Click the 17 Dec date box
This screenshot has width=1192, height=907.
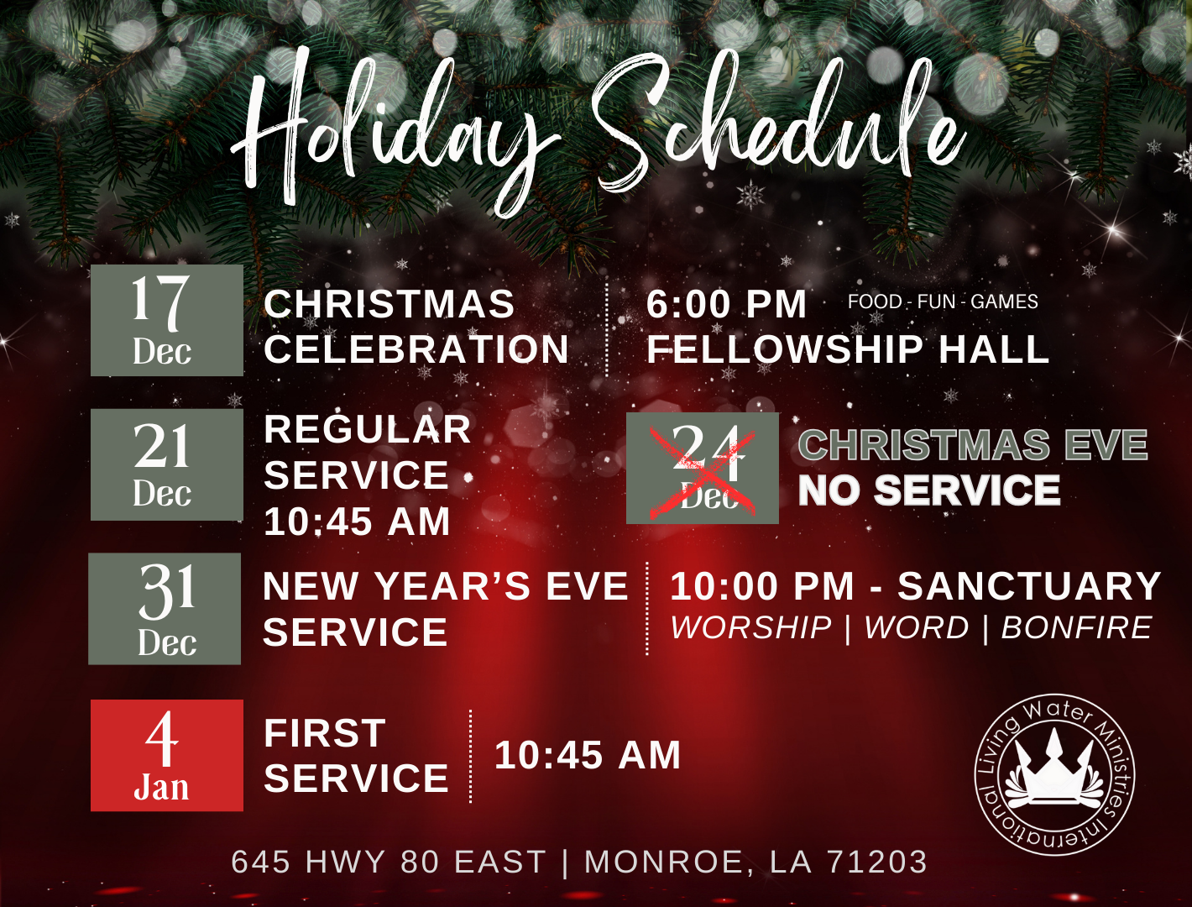(166, 320)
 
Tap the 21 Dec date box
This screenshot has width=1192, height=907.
(166, 464)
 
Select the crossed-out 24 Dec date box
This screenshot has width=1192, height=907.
(702, 468)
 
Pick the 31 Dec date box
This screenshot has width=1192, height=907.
(165, 609)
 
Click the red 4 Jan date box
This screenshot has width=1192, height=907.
(166, 755)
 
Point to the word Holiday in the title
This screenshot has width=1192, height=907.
(395, 134)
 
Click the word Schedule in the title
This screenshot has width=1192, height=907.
(776, 126)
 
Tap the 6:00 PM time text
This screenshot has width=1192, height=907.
(726, 304)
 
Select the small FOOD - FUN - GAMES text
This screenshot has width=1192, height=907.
(943, 301)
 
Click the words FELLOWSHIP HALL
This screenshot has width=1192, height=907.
(848, 349)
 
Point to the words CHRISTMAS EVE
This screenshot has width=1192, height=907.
(972, 445)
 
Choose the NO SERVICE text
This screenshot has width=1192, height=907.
(929, 490)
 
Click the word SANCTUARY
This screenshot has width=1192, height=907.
(1029, 586)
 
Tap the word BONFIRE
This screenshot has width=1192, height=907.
(1076, 628)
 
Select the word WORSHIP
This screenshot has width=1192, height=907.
(751, 628)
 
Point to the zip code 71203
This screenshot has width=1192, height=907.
(877, 862)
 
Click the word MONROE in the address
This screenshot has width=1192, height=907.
(663, 862)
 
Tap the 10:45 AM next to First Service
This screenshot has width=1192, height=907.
(588, 755)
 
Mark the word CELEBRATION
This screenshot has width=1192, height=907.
(416, 349)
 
